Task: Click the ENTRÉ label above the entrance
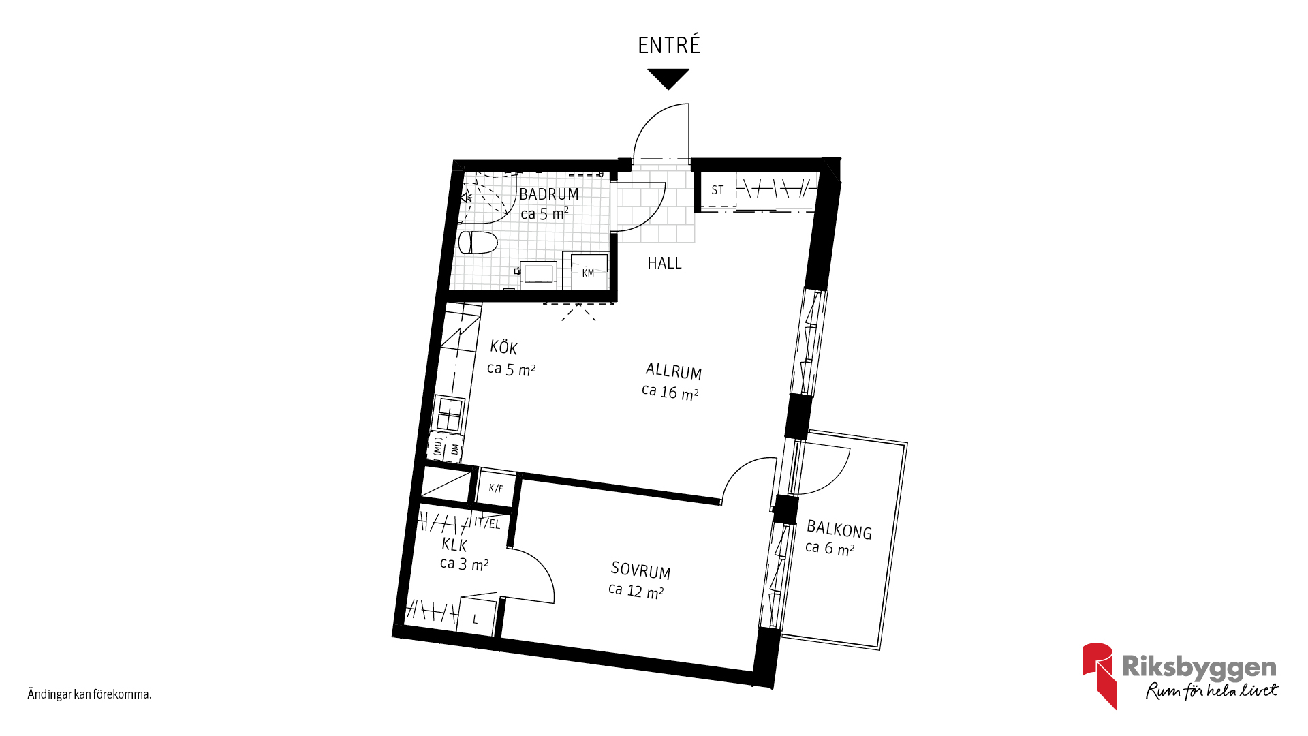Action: (x=668, y=45)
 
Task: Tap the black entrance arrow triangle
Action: (x=668, y=78)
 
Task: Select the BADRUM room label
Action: (x=549, y=194)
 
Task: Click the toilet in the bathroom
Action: (x=478, y=242)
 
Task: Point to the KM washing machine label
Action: (x=588, y=273)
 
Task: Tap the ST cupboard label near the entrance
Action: (x=717, y=190)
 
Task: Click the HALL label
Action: (x=664, y=263)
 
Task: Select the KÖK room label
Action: (x=504, y=348)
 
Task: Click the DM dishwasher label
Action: (x=454, y=449)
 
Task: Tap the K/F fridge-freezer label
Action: (x=496, y=489)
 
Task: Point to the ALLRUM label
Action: (x=674, y=371)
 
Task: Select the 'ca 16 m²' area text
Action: (x=670, y=393)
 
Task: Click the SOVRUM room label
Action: (x=640, y=570)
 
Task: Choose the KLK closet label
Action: (x=454, y=545)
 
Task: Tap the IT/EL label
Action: (x=487, y=523)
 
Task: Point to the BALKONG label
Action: (x=839, y=530)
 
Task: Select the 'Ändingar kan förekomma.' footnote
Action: (x=89, y=694)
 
